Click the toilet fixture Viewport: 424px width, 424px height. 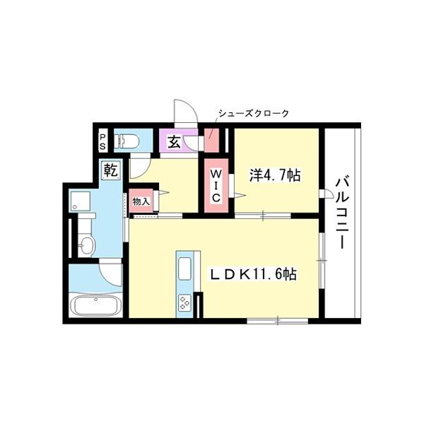(128, 141)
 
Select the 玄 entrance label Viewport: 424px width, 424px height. (174, 141)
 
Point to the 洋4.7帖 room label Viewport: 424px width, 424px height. (274, 175)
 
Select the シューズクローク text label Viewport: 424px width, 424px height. (253, 113)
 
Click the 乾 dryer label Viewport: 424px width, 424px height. (110, 170)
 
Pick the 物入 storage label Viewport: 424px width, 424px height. (141, 201)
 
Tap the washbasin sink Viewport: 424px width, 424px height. (86, 245)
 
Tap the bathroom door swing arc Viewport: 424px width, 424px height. (110, 271)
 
